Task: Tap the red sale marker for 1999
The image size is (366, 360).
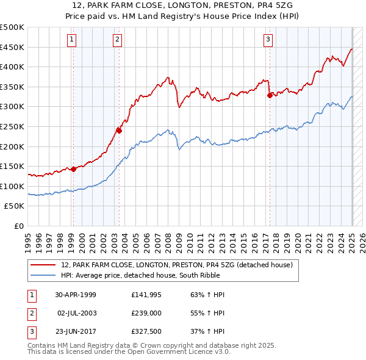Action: [x=73, y=169]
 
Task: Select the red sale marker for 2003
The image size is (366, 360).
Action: [x=119, y=130]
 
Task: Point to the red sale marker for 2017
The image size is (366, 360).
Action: [x=269, y=95]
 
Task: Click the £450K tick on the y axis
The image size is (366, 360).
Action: [x=13, y=47]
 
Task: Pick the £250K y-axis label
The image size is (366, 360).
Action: [x=13, y=126]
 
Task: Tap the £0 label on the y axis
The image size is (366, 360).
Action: [x=18, y=226]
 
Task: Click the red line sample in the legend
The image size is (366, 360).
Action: [x=43, y=265]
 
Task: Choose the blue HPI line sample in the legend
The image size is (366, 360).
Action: [x=43, y=275]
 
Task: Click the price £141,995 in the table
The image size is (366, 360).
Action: [x=145, y=295]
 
